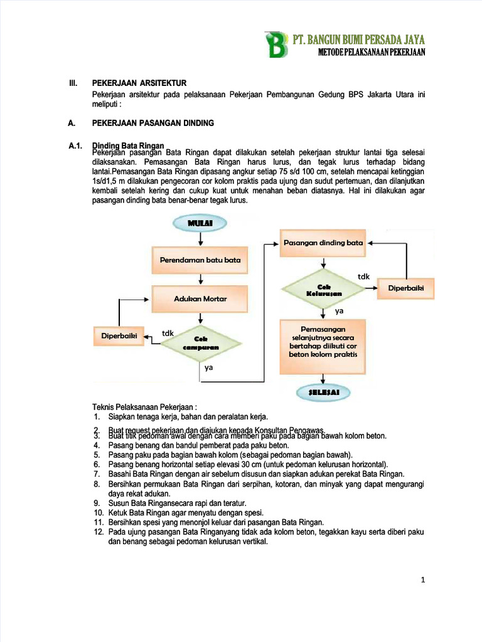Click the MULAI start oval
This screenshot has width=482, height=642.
(200, 223)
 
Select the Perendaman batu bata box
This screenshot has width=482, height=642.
(200, 259)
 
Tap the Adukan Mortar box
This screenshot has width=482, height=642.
(200, 298)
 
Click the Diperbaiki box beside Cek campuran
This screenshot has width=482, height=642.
(119, 335)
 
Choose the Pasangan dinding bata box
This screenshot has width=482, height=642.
(323, 243)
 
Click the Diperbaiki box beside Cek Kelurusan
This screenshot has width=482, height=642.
(406, 288)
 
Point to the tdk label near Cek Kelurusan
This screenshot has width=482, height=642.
(363, 276)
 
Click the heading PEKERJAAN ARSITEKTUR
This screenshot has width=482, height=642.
(139, 83)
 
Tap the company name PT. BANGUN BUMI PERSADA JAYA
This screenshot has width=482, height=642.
(359, 39)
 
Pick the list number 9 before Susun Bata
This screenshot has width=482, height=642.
(97, 503)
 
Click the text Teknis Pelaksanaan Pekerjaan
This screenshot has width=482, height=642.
(144, 406)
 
